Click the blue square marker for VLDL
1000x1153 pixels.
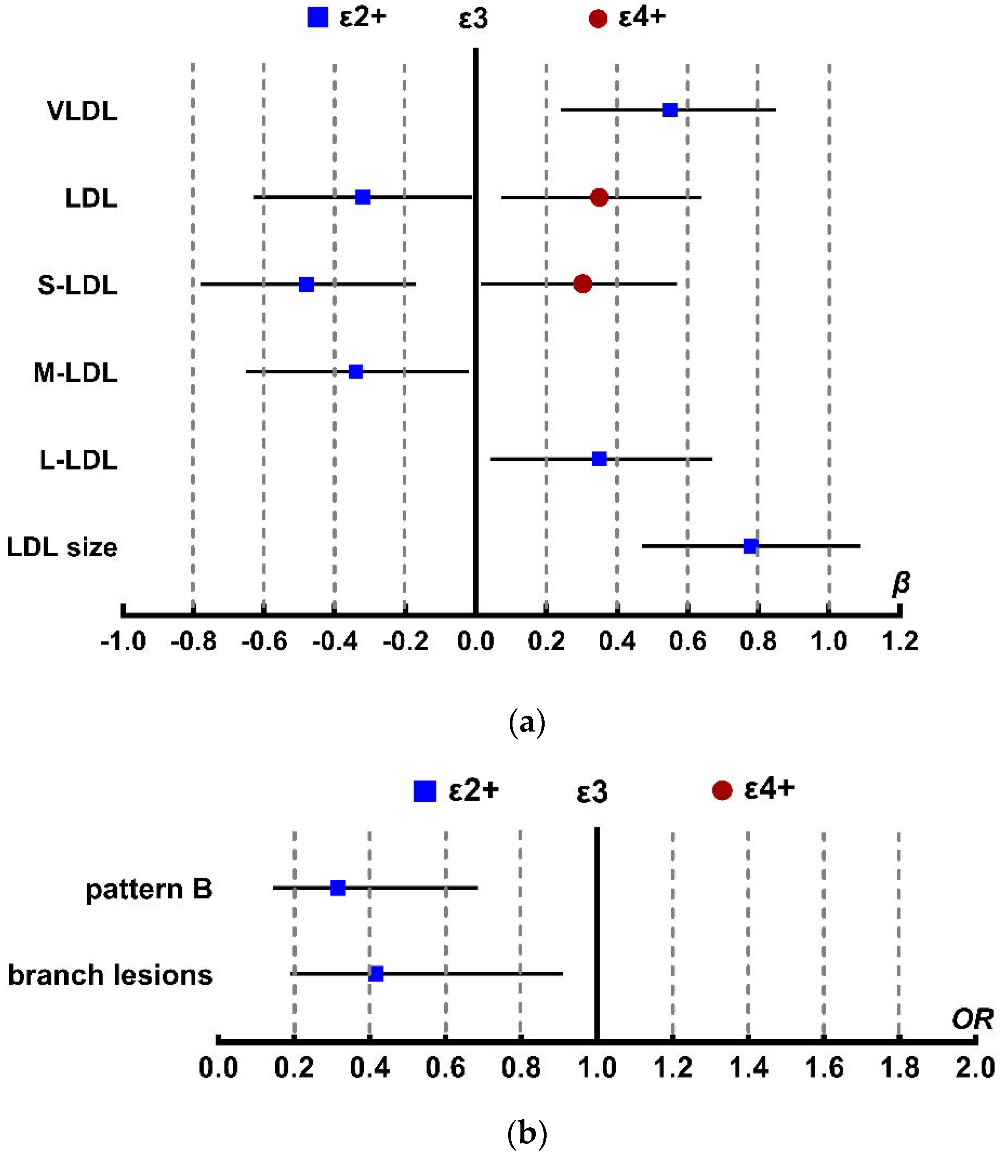point(670,110)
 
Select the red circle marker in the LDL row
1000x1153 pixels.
point(599,197)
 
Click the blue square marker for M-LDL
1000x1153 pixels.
point(355,372)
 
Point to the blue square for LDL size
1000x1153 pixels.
point(750,546)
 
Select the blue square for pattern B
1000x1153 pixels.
point(338,888)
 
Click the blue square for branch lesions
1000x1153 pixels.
point(376,974)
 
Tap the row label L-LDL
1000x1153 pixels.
point(78,460)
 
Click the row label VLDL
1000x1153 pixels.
point(82,111)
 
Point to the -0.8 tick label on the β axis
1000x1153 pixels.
point(193,642)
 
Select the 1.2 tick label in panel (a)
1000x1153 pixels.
point(900,642)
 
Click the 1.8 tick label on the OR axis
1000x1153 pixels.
point(899,1068)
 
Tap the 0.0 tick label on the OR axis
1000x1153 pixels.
point(218,1068)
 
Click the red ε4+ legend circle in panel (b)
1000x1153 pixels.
point(722,791)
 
